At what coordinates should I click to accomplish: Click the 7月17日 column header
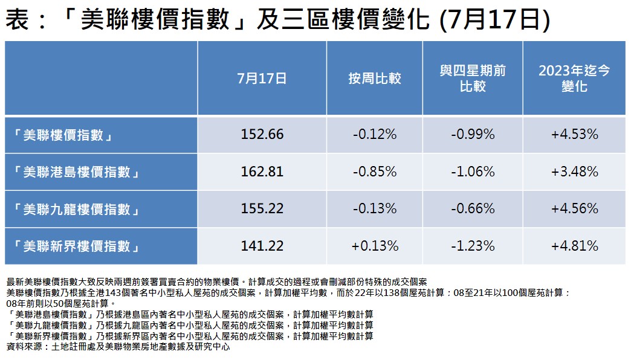tap(262, 79)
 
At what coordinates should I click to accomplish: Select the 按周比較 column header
tap(375, 79)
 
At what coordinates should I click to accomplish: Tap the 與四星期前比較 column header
tap(473, 79)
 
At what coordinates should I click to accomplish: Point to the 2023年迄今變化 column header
tap(574, 79)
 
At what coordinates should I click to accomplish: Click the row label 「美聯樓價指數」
tap(63, 135)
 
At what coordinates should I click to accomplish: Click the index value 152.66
tap(262, 135)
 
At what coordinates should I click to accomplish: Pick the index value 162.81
tap(262, 172)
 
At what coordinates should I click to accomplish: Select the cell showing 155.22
tap(262, 209)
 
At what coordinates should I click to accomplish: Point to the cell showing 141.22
tap(262, 246)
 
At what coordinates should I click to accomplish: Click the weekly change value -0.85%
tap(375, 172)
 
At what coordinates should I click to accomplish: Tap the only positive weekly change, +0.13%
tap(375, 246)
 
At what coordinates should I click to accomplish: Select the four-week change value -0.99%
tap(473, 135)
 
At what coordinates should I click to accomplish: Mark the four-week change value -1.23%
tap(473, 246)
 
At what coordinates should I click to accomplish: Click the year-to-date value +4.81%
tap(574, 246)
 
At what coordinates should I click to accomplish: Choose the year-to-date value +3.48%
tap(574, 172)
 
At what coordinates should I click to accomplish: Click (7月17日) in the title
tap(493, 21)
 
